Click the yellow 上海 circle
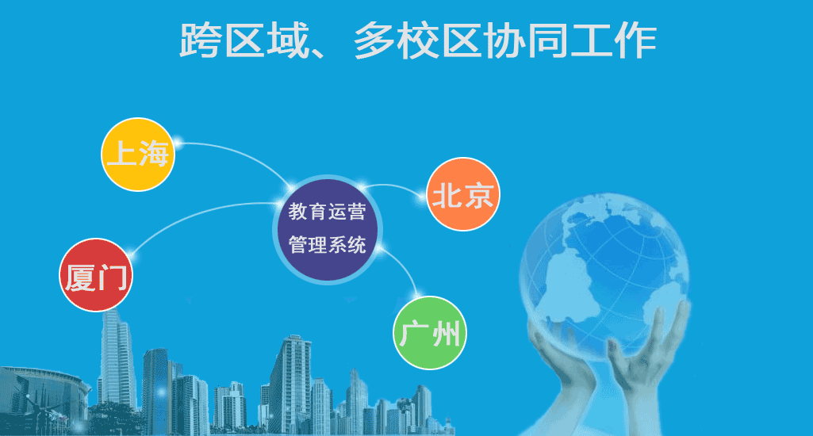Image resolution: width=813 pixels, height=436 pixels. tap(138, 155)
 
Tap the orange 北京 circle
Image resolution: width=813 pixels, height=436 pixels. tap(462, 194)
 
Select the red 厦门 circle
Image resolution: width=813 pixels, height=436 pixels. tap(96, 275)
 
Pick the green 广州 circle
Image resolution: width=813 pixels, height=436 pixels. tap(430, 333)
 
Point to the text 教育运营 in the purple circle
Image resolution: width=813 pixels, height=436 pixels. tap(327, 212)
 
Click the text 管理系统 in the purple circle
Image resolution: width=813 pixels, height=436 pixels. tap(327, 245)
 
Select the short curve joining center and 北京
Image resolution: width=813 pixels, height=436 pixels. tap(394, 185)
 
